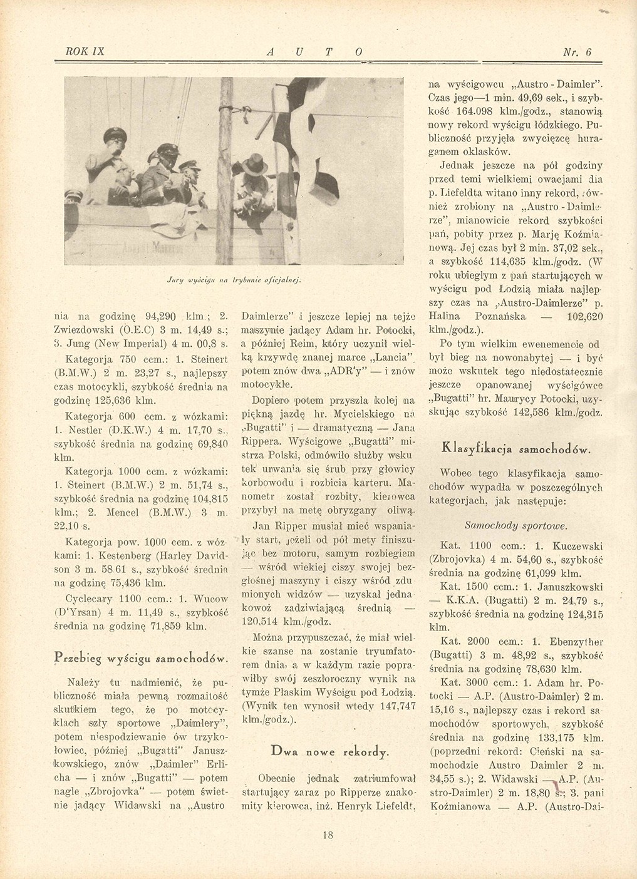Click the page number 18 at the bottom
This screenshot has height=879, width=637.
[328, 835]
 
